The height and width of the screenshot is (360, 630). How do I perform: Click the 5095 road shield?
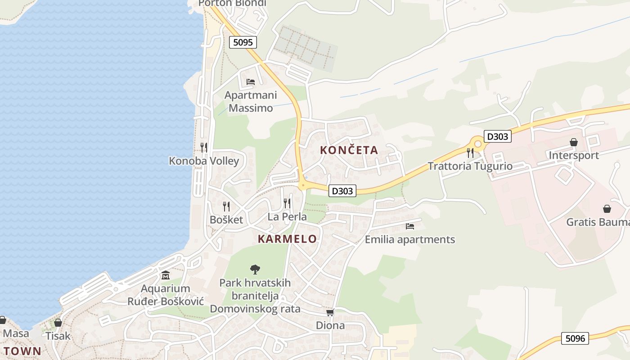point(243,42)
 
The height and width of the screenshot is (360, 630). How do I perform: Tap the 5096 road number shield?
point(575,338)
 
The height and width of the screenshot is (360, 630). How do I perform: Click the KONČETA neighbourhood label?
point(349,150)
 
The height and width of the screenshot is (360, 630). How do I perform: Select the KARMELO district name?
point(287,239)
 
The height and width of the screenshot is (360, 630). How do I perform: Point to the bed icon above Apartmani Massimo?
point(251,82)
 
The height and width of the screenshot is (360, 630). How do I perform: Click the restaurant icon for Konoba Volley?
point(204,147)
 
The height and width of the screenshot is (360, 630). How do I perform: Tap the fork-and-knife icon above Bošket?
point(226,207)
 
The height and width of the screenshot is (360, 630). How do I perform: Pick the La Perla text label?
point(287,216)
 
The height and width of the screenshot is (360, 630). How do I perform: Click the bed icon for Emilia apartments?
point(409,226)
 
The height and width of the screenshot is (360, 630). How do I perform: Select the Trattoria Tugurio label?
point(470,166)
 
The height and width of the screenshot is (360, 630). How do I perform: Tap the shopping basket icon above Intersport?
point(574,143)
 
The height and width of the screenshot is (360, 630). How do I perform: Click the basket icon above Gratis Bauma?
point(607,209)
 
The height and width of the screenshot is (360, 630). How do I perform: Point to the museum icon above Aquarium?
point(165,275)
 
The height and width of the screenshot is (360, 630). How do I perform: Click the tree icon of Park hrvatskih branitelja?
point(255,270)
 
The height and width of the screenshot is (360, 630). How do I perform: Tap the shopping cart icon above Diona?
point(330,312)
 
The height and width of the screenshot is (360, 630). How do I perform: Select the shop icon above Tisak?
point(58,323)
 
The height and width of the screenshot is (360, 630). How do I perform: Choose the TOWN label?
point(22,351)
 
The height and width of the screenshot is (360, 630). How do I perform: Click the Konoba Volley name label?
point(204,161)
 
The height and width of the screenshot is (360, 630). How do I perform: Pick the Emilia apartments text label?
point(409,239)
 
